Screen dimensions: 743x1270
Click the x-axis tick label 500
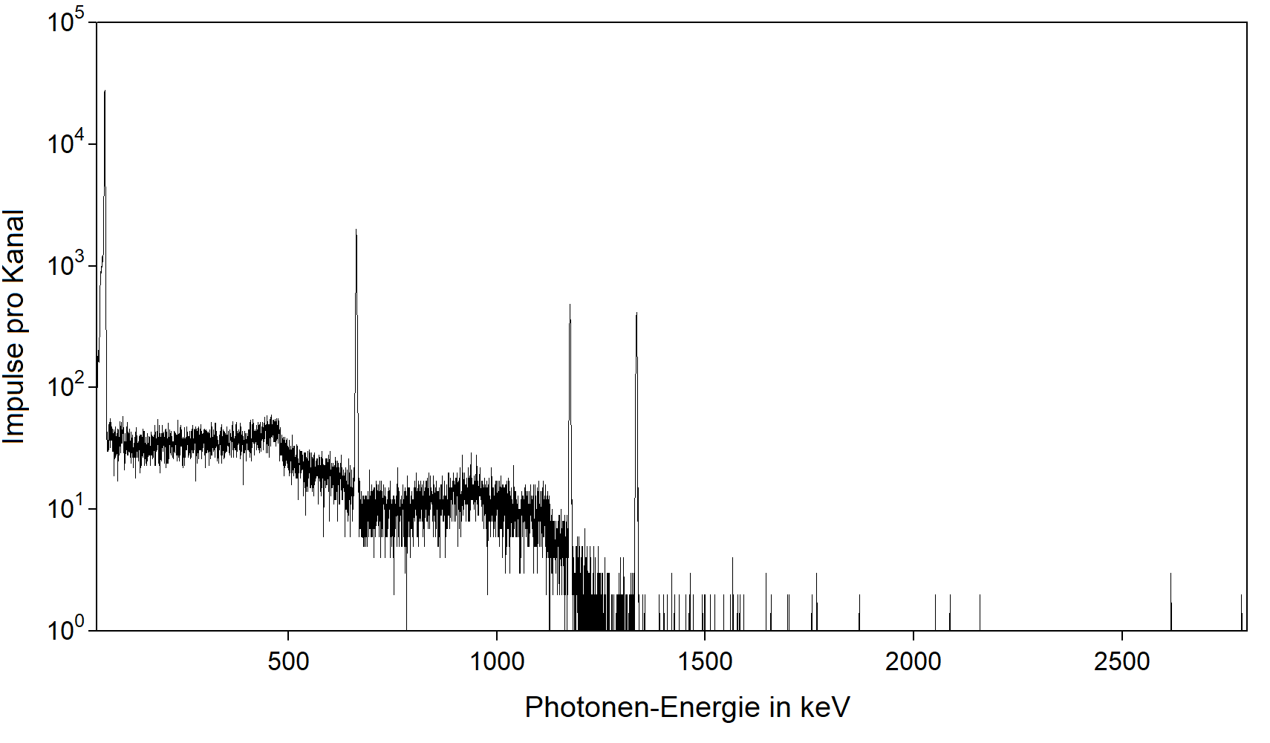coord(288,661)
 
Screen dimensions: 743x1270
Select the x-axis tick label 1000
coord(497,661)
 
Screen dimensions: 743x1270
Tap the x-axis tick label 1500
coord(705,661)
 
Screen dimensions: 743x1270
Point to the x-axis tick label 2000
coord(913,661)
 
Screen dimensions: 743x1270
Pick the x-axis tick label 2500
coord(1121,661)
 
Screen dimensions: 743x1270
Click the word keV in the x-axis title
coord(824,707)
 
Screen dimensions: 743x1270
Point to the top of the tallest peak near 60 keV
coord(105,91)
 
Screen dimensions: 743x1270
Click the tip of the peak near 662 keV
coord(356,230)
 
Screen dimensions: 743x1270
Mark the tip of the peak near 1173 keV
coord(570,305)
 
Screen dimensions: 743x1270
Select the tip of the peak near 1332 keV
coord(636,314)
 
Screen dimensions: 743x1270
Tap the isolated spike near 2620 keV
coord(1170,574)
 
